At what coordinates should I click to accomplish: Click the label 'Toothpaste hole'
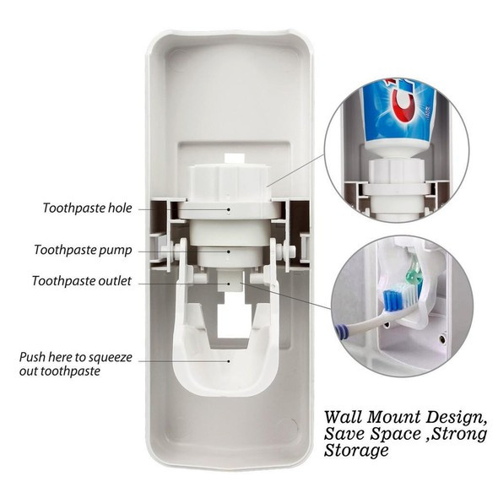pyautogui.click(x=87, y=208)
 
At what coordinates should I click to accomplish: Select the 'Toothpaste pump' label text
pyautogui.click(x=83, y=250)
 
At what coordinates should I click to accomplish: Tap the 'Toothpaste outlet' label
pyautogui.click(x=82, y=281)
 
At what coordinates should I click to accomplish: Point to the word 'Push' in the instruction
pyautogui.click(x=32, y=357)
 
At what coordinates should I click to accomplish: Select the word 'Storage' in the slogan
pyautogui.click(x=356, y=450)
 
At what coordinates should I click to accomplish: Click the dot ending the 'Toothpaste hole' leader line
pyautogui.click(x=229, y=209)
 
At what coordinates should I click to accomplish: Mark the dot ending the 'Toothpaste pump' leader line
pyautogui.click(x=229, y=252)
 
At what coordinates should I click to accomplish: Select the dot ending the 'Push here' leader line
pyautogui.click(x=229, y=360)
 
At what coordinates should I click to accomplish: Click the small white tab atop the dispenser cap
pyautogui.click(x=235, y=158)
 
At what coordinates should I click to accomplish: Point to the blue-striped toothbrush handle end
pyautogui.click(x=341, y=331)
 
